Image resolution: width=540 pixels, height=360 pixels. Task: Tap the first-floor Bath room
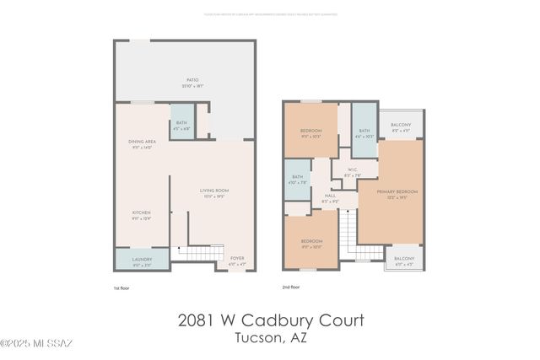tap(182, 124)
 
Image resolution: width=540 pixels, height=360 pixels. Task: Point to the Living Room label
tap(214, 191)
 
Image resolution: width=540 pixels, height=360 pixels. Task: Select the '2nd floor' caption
tap(292, 287)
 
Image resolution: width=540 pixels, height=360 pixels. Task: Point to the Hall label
tap(330, 199)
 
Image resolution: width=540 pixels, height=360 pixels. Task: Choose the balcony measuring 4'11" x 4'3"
tap(404, 260)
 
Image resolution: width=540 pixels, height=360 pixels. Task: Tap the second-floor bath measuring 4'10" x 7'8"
tap(297, 178)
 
